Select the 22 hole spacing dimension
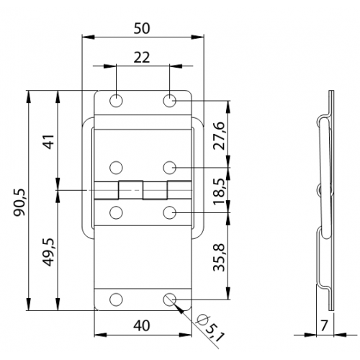[x=143, y=58]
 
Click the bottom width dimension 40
[x=142, y=325]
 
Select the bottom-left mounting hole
[x=117, y=300]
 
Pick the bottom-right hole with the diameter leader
[x=169, y=300]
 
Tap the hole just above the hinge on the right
[x=169, y=167]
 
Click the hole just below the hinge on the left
[x=117, y=212]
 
